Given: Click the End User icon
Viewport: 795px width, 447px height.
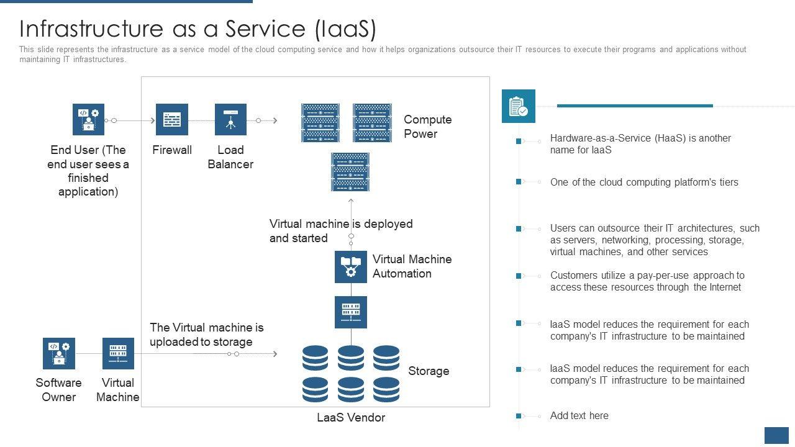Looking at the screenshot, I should coord(88,119).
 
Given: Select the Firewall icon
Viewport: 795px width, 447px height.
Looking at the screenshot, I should coord(171,119).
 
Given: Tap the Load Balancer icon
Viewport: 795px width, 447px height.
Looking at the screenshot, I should coord(230,119).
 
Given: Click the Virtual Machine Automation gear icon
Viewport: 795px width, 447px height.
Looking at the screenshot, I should coord(351,267).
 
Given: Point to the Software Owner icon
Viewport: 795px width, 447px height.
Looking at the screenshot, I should coord(59,353).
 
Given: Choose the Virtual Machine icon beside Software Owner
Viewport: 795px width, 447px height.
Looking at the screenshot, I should coord(118,353).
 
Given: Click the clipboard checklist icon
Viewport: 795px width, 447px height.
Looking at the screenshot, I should coord(518,106).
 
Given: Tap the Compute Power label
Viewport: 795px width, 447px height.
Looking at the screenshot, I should coord(427,127).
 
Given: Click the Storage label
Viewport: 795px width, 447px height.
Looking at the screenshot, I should coord(429,371).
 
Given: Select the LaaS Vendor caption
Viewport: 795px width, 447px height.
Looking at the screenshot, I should coord(351,418).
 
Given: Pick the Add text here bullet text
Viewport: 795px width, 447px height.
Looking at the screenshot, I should coord(579,416).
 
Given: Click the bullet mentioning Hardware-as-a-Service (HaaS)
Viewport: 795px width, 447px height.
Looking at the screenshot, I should coord(640,144).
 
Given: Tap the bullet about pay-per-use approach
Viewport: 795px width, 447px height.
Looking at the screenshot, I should coord(647,281).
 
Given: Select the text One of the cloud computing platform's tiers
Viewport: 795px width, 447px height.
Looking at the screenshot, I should coord(644,183).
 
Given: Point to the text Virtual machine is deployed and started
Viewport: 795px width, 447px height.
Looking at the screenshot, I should coord(340,231).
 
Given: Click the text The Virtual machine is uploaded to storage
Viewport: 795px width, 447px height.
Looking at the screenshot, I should coord(206,335).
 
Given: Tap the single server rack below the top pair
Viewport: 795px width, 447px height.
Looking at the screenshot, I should coord(350,172).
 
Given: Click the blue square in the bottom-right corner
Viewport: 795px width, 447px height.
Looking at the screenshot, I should coord(776,435).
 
